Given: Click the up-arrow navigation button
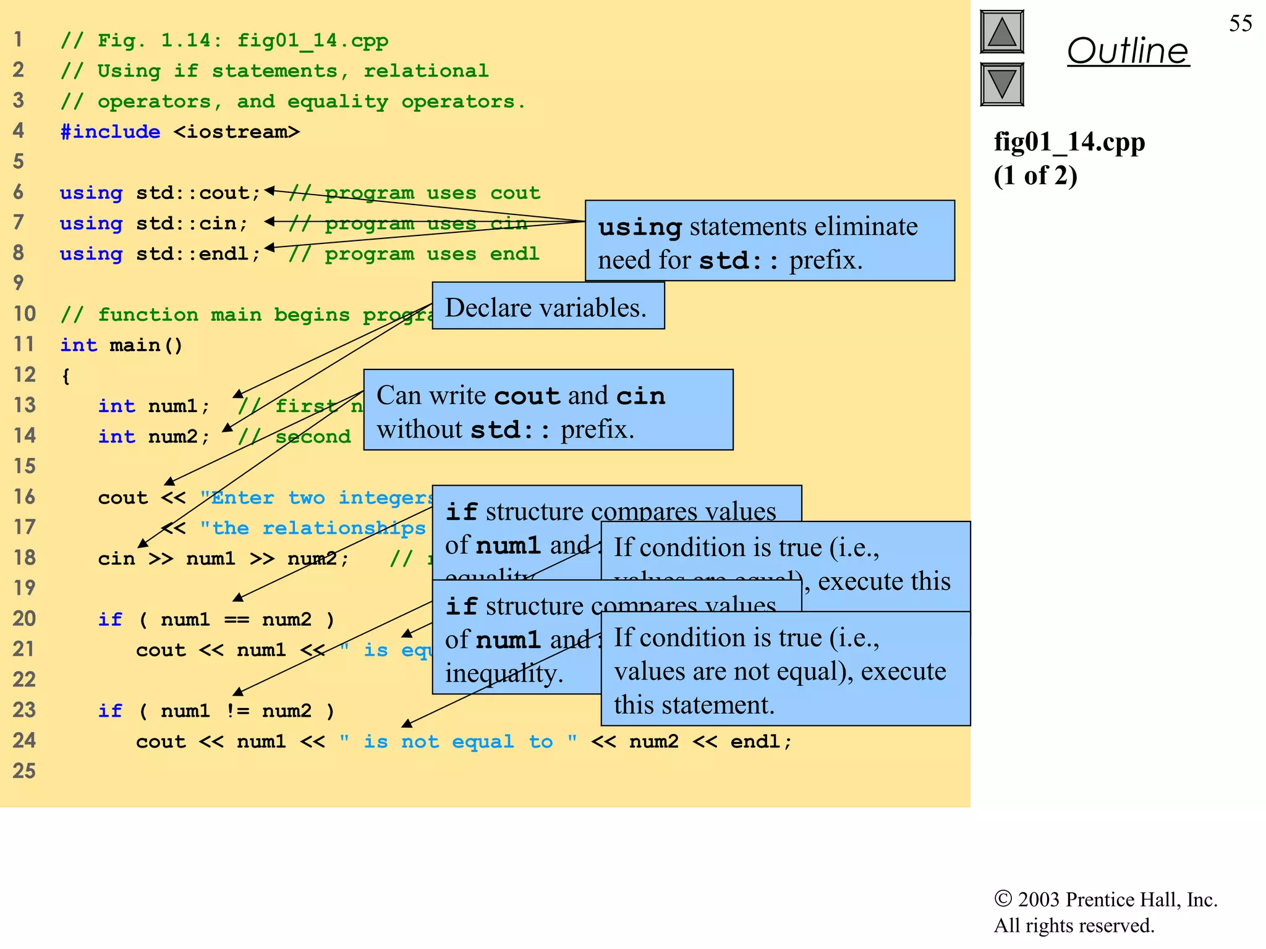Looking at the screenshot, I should (x=1001, y=32).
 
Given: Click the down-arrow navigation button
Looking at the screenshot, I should (x=1001, y=84).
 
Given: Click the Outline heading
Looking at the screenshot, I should (x=1128, y=51).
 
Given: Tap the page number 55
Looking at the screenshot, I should (x=1240, y=23).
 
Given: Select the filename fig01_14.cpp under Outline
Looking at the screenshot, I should (x=1069, y=142).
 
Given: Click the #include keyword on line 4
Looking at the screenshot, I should (x=110, y=132).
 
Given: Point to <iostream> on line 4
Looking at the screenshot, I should (x=236, y=132).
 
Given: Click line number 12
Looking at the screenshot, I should (x=25, y=374).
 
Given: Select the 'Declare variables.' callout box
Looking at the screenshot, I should (x=548, y=307).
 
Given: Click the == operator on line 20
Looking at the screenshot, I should (x=236, y=619).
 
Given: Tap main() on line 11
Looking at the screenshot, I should (x=146, y=345).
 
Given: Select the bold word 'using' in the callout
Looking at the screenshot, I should (x=640, y=227).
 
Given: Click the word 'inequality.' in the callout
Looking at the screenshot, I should (x=504, y=673).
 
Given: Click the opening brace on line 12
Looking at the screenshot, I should (x=66, y=376).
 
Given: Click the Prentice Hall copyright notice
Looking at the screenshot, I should (x=1105, y=912).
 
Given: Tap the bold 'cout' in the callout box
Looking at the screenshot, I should (x=527, y=396).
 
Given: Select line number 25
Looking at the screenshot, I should (x=25, y=771).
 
